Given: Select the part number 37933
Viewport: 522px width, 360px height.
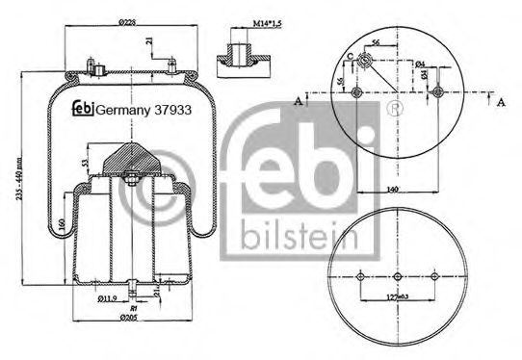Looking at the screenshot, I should [170, 109].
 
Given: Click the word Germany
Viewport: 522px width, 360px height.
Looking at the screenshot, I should [122, 109].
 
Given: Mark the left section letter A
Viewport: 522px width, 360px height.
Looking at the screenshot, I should [300, 98].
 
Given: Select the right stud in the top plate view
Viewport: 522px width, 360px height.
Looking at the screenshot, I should [439, 92].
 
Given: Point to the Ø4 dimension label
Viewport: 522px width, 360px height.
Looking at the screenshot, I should [421, 64].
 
